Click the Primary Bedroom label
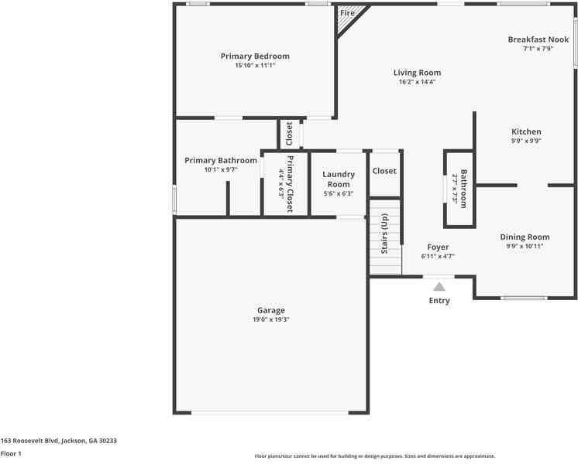(x=255, y=56)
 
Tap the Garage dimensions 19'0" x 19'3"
(x=271, y=319)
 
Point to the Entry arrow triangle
(x=439, y=286)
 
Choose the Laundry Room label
(x=339, y=179)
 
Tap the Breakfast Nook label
(x=538, y=39)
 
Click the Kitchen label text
(x=526, y=131)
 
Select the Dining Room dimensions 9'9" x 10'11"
(x=525, y=246)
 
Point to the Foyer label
(x=438, y=247)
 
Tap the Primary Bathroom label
(x=221, y=160)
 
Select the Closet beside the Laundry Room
(x=384, y=171)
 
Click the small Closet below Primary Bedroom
(x=289, y=134)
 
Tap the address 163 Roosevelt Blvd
(x=59, y=440)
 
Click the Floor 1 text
(x=11, y=454)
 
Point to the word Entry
(x=439, y=301)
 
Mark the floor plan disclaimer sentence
(x=375, y=456)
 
